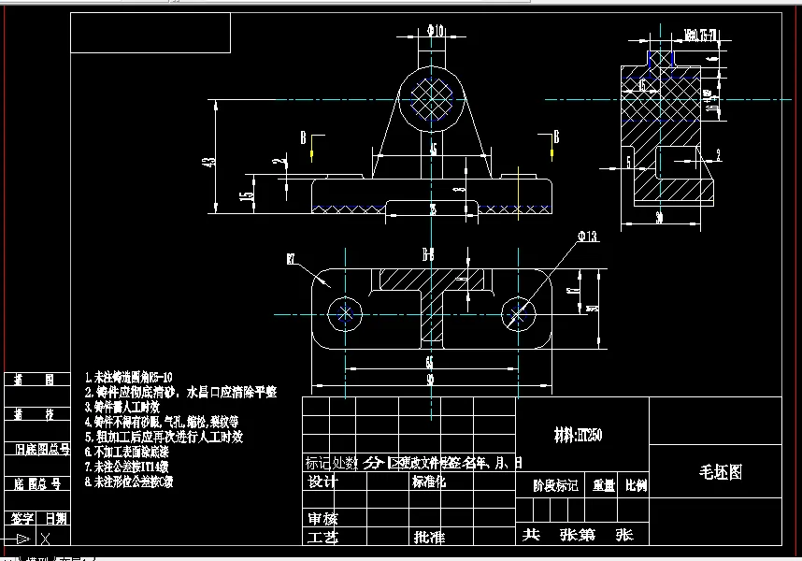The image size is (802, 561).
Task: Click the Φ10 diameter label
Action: click(x=435, y=31)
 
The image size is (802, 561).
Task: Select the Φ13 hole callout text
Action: click(x=587, y=237)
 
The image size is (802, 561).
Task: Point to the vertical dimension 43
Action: click(x=209, y=161)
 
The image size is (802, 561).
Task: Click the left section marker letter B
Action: click(x=304, y=138)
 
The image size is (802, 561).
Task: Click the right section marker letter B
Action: click(x=556, y=137)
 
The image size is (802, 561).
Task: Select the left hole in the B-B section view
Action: click(x=347, y=313)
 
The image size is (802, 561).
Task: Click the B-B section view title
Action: click(x=429, y=253)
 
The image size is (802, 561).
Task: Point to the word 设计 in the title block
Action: click(x=322, y=482)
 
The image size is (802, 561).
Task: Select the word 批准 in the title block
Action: click(x=429, y=538)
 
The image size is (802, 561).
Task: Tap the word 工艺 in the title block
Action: click(x=322, y=538)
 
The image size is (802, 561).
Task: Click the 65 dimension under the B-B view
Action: click(x=429, y=361)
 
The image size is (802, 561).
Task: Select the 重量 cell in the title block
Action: click(x=603, y=486)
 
